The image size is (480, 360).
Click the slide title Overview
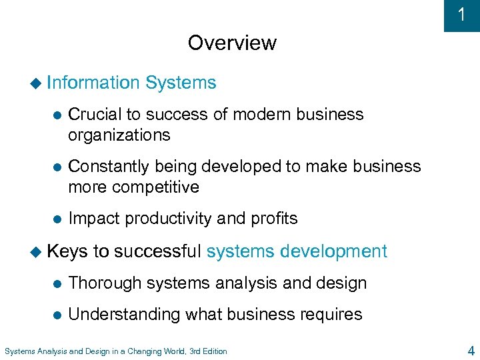pos(232,43)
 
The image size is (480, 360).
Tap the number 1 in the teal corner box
pos(461,15)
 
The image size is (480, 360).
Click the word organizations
pos(119,135)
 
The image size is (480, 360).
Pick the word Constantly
pos(110,166)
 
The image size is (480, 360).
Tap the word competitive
pos(156,187)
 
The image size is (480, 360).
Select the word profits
pos(273,219)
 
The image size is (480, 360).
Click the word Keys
pos(67,251)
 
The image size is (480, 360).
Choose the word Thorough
pos(105,283)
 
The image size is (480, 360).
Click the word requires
pos(329,315)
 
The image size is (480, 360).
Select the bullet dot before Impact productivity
pos(57,219)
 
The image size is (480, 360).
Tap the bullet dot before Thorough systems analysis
pos(57,283)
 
